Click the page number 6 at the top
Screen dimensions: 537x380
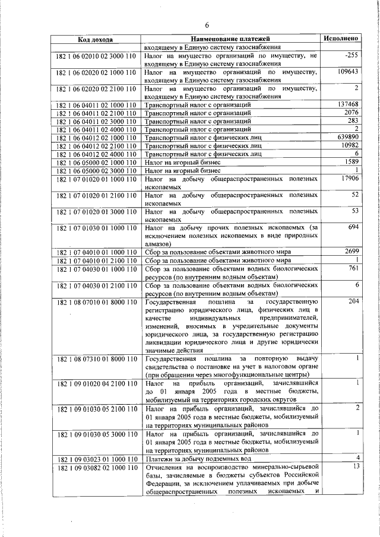pyautogui.click(x=207, y=24)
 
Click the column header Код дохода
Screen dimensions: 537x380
pyautogui.click(x=96, y=40)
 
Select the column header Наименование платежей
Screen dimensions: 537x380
pyautogui.click(x=230, y=39)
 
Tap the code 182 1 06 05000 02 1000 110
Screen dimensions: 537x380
pyautogui.click(x=96, y=162)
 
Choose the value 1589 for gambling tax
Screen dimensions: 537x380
pyautogui.click(x=349, y=161)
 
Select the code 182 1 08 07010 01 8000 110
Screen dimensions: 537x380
pyautogui.click(x=96, y=302)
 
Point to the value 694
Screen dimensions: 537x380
pyautogui.click(x=352, y=227)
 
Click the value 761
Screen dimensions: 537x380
pyautogui.click(x=352, y=268)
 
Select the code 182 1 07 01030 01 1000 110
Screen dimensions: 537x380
pyautogui.click(x=96, y=228)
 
